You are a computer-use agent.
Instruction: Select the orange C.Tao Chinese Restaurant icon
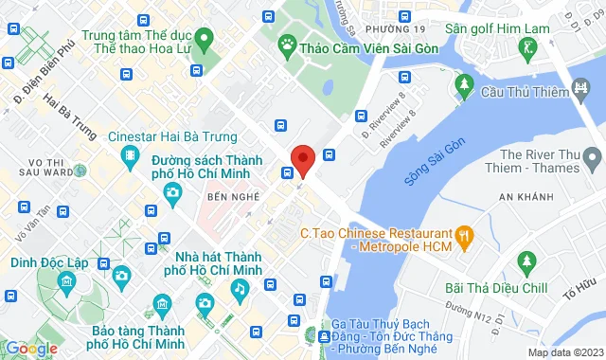pyautogui.click(x=465, y=234)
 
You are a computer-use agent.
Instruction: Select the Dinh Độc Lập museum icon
pyautogui.click(x=65, y=280)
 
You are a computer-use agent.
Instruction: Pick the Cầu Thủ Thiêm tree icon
pyautogui.click(x=464, y=86)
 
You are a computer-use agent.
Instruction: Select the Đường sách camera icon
pyautogui.click(x=172, y=192)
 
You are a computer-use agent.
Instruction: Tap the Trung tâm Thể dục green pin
pyautogui.click(x=205, y=38)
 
